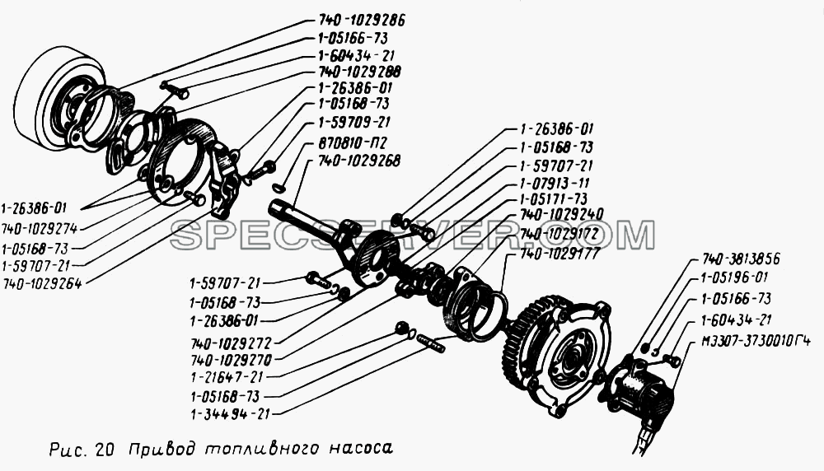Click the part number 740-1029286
click(x=362, y=21)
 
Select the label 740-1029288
click(x=359, y=72)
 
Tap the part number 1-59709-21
click(x=354, y=123)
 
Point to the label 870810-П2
click(x=352, y=142)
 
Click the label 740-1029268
click(x=359, y=161)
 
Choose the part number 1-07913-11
click(x=555, y=184)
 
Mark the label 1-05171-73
click(x=554, y=199)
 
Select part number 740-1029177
click(x=559, y=254)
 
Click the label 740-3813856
click(x=741, y=259)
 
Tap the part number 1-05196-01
click(x=735, y=277)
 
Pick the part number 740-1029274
click(x=40, y=229)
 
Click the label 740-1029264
click(x=41, y=284)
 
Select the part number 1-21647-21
click(x=227, y=377)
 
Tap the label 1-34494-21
click(x=230, y=414)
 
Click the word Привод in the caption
click(x=162, y=450)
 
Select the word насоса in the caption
click(x=361, y=449)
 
